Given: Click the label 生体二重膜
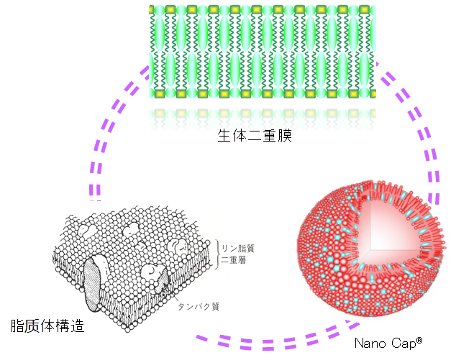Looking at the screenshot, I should pos(254,137).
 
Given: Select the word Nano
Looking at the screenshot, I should pos(371,343).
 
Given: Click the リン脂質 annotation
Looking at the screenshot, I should pos(238,248).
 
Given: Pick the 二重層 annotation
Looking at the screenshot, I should pos(234,260).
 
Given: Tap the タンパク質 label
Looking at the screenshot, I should pos(199,306).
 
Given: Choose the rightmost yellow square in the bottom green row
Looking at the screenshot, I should pos(365,94).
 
